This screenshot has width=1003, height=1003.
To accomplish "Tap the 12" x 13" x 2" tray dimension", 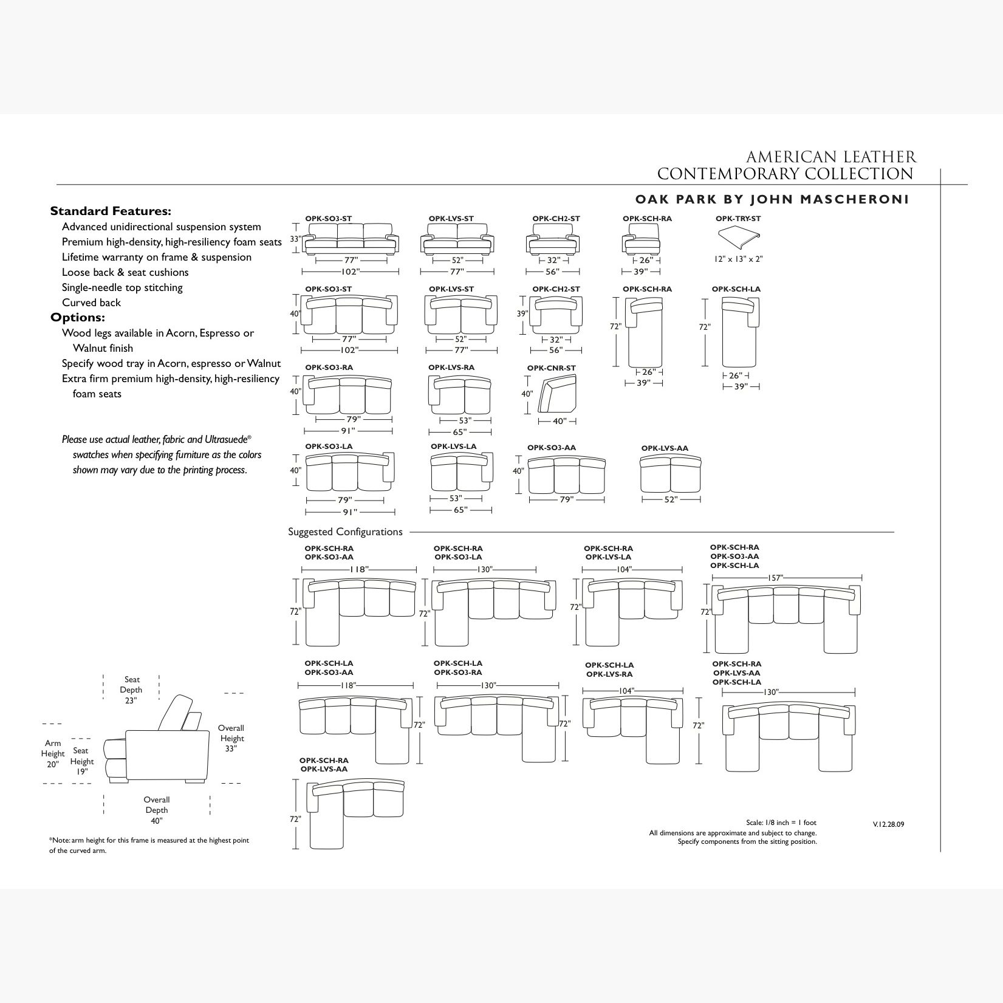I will (738, 259).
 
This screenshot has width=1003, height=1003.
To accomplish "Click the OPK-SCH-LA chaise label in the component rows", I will (736, 289).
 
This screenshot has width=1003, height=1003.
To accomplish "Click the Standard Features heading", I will (111, 211).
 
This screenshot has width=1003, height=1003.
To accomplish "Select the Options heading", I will (78, 318).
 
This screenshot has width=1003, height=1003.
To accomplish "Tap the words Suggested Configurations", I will (345, 532).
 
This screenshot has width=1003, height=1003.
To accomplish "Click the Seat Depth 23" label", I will (131, 690).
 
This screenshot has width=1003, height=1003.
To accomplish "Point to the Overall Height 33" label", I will (231, 738).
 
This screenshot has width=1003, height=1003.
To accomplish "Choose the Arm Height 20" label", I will (53, 753).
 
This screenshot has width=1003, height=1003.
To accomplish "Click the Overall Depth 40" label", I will (156, 810).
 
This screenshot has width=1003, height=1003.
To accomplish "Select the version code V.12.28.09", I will (888, 824).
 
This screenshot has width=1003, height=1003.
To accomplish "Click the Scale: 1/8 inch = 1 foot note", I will (781, 823).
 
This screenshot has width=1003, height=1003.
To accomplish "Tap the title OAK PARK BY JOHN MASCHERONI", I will (772, 200).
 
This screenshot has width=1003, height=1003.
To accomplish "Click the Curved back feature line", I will (91, 303).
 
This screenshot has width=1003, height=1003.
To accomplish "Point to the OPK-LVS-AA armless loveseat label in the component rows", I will (665, 448).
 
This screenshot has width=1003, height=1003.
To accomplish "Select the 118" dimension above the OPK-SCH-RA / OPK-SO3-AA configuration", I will (359, 569).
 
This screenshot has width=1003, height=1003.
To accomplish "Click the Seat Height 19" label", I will (82, 761).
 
